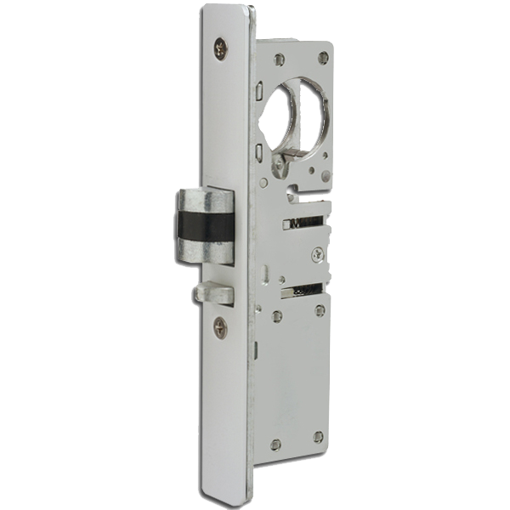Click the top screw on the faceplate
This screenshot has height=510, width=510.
tap(221, 50)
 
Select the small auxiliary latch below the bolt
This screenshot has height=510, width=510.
tap(214, 292)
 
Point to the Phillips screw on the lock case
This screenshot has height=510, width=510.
tap(318, 252)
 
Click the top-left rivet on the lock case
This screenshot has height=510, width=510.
tap(279, 59)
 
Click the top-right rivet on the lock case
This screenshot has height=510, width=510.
tap(323, 58)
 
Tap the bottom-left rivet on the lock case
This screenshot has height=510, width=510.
tap(275, 445)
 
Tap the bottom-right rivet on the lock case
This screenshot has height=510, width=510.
tap(317, 437)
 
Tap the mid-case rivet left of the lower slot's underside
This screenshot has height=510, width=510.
tap(277, 316)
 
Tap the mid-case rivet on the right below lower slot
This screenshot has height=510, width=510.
tap(320, 311)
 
